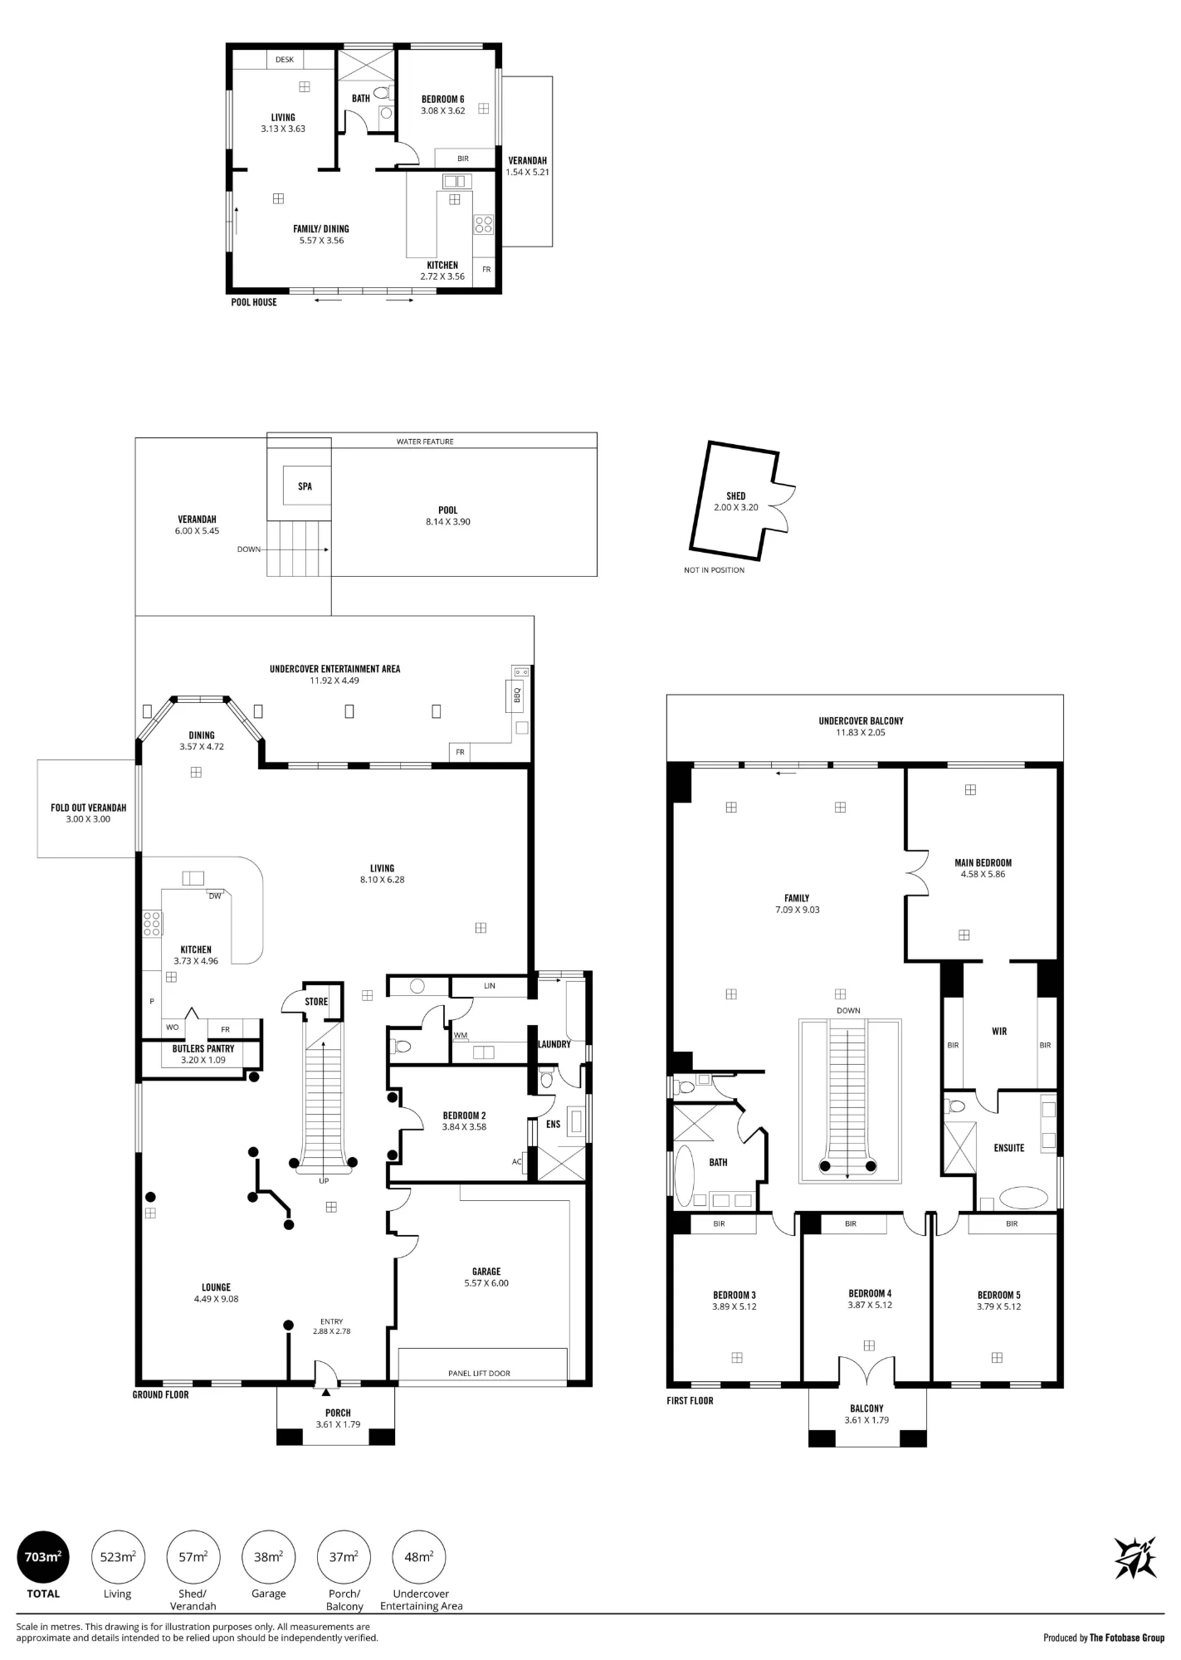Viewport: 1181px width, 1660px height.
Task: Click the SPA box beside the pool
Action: coord(305,486)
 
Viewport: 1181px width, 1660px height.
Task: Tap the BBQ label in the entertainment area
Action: coord(517,694)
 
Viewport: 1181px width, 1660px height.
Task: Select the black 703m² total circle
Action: coord(43,1557)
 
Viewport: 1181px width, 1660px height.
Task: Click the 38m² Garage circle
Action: coord(268,1557)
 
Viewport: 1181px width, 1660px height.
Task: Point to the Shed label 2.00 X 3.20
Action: coord(736,507)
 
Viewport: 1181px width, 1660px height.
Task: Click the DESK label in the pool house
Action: coord(285,60)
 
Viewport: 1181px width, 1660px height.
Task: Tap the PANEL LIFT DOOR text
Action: coord(479,1374)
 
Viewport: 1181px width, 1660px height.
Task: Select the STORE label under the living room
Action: coord(316,1002)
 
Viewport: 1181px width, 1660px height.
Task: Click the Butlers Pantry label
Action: coord(203,1048)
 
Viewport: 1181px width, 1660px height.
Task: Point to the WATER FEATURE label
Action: coord(425,442)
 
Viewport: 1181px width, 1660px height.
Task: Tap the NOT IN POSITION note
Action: coord(714,570)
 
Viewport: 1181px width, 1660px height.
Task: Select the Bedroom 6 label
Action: coord(443,100)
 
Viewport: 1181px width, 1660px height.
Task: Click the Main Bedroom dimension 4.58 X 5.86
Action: coord(983,874)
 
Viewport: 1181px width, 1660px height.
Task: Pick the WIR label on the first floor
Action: coord(999,1032)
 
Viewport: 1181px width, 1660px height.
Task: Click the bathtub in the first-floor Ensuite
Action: coord(1024,1197)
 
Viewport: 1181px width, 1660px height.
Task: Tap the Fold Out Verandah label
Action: coord(89,808)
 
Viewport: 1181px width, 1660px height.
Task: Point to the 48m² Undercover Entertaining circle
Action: coord(419,1557)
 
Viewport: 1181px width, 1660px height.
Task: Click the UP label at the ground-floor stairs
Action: coord(324,1181)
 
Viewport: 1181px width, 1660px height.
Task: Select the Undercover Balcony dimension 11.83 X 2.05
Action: coord(861,733)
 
